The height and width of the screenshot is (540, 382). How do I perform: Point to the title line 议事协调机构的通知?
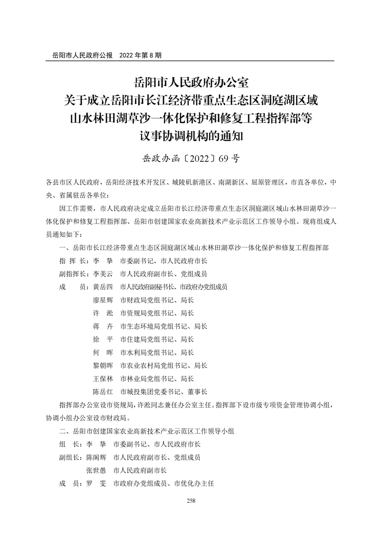[x=191, y=136]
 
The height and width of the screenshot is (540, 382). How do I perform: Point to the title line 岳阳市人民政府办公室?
[x=191, y=81]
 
